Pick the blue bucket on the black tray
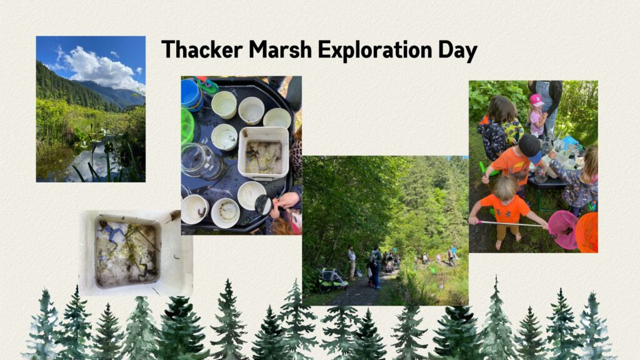191,94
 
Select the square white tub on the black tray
263,153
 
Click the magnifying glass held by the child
263,204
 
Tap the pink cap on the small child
536,100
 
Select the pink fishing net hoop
562,229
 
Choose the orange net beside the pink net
587,232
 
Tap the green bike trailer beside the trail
332,279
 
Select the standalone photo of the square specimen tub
136,252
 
